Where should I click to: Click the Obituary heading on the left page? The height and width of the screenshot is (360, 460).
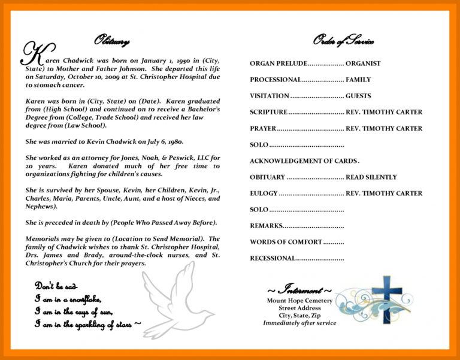point(111,41)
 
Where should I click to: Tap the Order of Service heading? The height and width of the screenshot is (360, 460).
point(344,41)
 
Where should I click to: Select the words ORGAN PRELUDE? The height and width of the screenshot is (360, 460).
point(278,63)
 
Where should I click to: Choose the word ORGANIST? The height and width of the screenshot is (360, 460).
point(363,63)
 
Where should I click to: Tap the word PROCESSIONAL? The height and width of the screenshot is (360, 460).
point(276,80)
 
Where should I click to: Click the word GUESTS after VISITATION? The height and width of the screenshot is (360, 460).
point(358,96)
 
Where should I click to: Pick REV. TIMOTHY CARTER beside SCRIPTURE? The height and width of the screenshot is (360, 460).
point(384,112)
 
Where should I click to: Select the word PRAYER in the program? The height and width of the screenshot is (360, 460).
point(263,129)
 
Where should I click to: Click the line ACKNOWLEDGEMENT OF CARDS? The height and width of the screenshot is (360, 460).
point(304,161)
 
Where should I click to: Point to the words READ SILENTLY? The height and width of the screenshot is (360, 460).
point(371,177)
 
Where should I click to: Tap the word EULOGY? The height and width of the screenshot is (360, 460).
point(264,193)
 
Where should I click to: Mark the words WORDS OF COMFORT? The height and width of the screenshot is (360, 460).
point(286,242)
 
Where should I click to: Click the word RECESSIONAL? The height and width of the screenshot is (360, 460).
point(273,258)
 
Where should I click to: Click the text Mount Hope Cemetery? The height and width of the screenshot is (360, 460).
point(299,300)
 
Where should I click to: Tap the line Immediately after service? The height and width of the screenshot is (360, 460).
point(299,323)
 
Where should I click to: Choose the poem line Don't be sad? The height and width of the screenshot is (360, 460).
point(56,286)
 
